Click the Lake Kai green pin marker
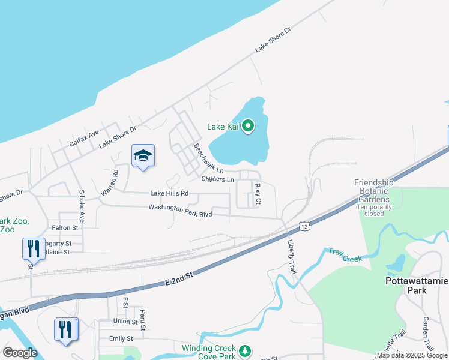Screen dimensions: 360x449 (246, 126)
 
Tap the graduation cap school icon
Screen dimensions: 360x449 (143, 156)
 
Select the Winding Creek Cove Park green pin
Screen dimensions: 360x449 (244, 350)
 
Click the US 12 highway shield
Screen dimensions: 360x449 (305, 226)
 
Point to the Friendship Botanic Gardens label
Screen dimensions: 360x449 (382, 191)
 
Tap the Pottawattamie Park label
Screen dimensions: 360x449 (414, 285)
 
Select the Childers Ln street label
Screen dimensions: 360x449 (217, 179)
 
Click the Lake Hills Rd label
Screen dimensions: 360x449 (169, 193)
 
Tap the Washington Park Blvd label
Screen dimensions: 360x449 (180, 210)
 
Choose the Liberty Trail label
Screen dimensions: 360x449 (292, 256)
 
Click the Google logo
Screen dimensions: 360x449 (20, 353)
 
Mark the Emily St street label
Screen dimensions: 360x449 (121, 339)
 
